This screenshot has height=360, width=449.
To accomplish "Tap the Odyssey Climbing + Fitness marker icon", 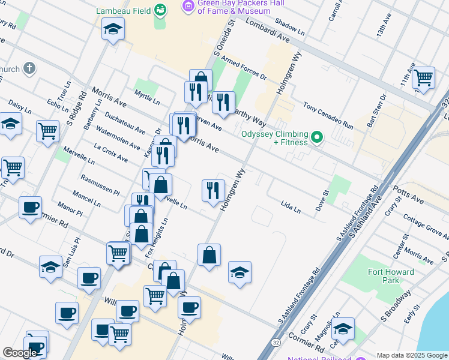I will pyautogui.click(x=317, y=138).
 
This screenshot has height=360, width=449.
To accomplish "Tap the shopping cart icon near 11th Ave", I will pyautogui.click(x=424, y=77).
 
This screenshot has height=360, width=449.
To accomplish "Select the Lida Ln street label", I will pyautogui.click(x=291, y=207).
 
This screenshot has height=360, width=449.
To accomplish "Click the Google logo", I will pyautogui.click(x=20, y=353).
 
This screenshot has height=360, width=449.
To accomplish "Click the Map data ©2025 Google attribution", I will pyautogui.click(x=411, y=355).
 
